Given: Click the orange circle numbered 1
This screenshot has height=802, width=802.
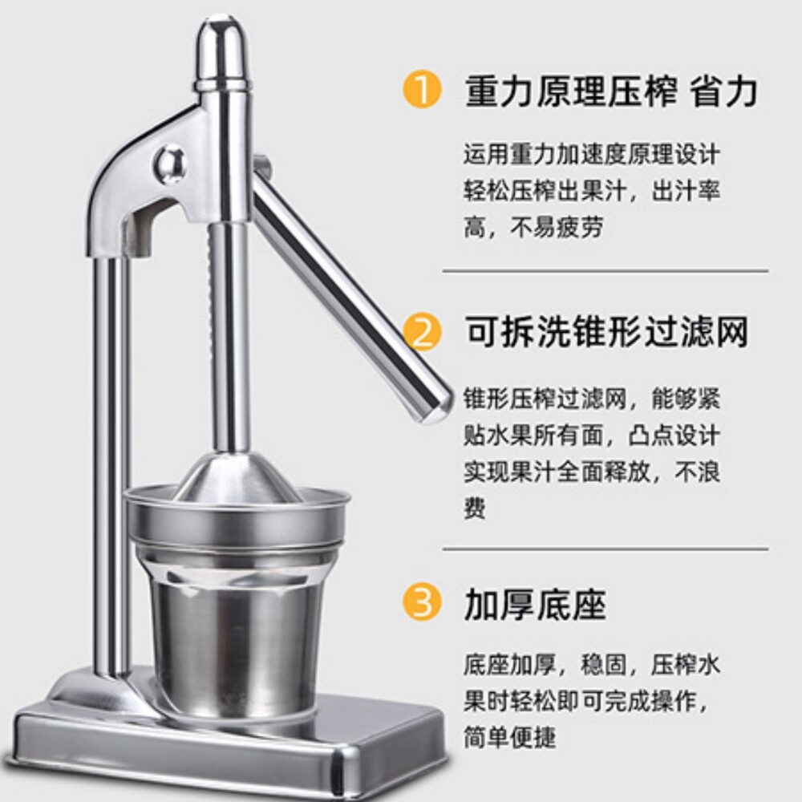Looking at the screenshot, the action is tap(422, 90).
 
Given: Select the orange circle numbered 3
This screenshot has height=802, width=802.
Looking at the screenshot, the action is tap(422, 601).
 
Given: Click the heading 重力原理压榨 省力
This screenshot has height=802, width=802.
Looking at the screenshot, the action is tap(611, 91).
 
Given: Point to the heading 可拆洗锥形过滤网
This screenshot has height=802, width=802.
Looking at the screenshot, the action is tap(606, 332).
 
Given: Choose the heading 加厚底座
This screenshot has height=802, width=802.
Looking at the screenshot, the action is tap(535, 604).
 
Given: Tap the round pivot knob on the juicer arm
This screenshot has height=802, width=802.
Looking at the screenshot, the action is tap(170, 163).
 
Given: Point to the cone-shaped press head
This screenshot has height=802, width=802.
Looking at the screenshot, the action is tap(238, 478).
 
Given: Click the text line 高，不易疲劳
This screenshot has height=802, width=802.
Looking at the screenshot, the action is tap(533, 227).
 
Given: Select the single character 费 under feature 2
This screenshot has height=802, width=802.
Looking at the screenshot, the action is tap(475, 508).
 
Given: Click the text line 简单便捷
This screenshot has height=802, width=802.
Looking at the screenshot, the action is tap(509, 737).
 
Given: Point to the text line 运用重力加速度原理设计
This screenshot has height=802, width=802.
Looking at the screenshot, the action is tap(592, 154).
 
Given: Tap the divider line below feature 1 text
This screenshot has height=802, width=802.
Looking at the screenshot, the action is tap(605, 270).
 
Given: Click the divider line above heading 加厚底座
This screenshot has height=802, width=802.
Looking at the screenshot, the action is tap(605, 549).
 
